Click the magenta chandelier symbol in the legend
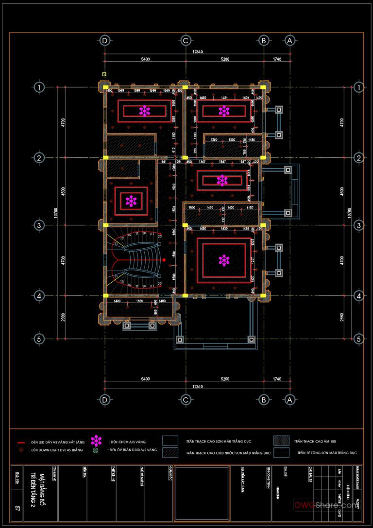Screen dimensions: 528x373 coord(97,441)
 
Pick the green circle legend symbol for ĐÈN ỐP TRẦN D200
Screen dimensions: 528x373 coord(96,451)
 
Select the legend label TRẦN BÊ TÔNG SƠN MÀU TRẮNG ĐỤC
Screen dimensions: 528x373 coord(327,452)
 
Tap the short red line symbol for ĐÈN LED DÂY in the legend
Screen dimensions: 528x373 coord(21,443)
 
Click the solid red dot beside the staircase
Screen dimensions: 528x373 coord(164,260)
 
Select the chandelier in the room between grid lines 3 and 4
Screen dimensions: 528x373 coord(224,260)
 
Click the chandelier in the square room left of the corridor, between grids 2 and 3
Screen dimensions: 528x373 coord(131,201)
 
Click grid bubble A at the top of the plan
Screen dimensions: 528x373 coord(289,41)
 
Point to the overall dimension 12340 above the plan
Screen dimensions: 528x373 coord(198,51)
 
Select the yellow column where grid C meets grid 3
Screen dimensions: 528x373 coord(185,225)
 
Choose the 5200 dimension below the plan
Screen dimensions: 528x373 coord(224,378)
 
